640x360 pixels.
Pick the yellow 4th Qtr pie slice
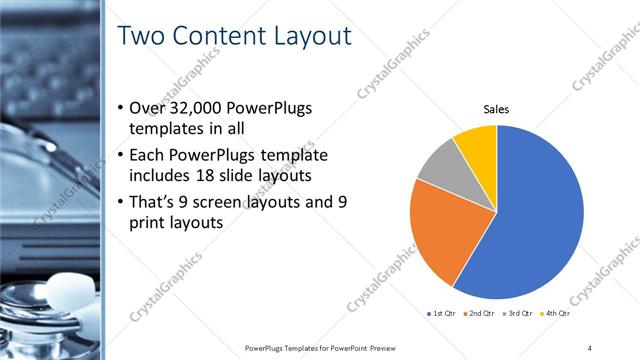[477, 147]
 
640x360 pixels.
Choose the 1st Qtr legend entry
[442, 314]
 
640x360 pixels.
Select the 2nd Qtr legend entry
[481, 314]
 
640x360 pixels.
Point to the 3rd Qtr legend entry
[520, 314]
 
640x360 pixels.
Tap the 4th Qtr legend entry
[557, 314]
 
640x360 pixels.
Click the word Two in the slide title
[142, 36]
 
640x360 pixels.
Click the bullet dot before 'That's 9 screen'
[121, 203]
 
